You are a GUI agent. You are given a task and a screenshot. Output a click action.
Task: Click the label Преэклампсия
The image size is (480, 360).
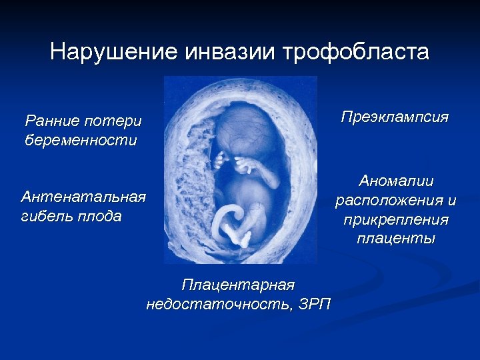pos(395,117)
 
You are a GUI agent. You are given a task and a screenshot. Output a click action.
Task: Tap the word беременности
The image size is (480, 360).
pos(80,140)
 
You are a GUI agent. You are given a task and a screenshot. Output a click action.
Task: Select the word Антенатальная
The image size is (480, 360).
pos(83,197)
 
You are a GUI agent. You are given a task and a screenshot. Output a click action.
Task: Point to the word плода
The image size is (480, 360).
pos(102,217)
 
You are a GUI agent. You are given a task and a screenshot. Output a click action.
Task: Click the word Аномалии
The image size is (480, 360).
pos(395,181)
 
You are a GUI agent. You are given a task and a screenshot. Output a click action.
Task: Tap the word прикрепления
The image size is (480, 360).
pos(395,219)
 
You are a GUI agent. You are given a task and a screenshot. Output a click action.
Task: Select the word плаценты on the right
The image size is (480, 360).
pos(395,239)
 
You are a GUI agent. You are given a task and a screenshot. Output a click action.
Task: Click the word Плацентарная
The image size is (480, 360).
pos(238,285)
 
